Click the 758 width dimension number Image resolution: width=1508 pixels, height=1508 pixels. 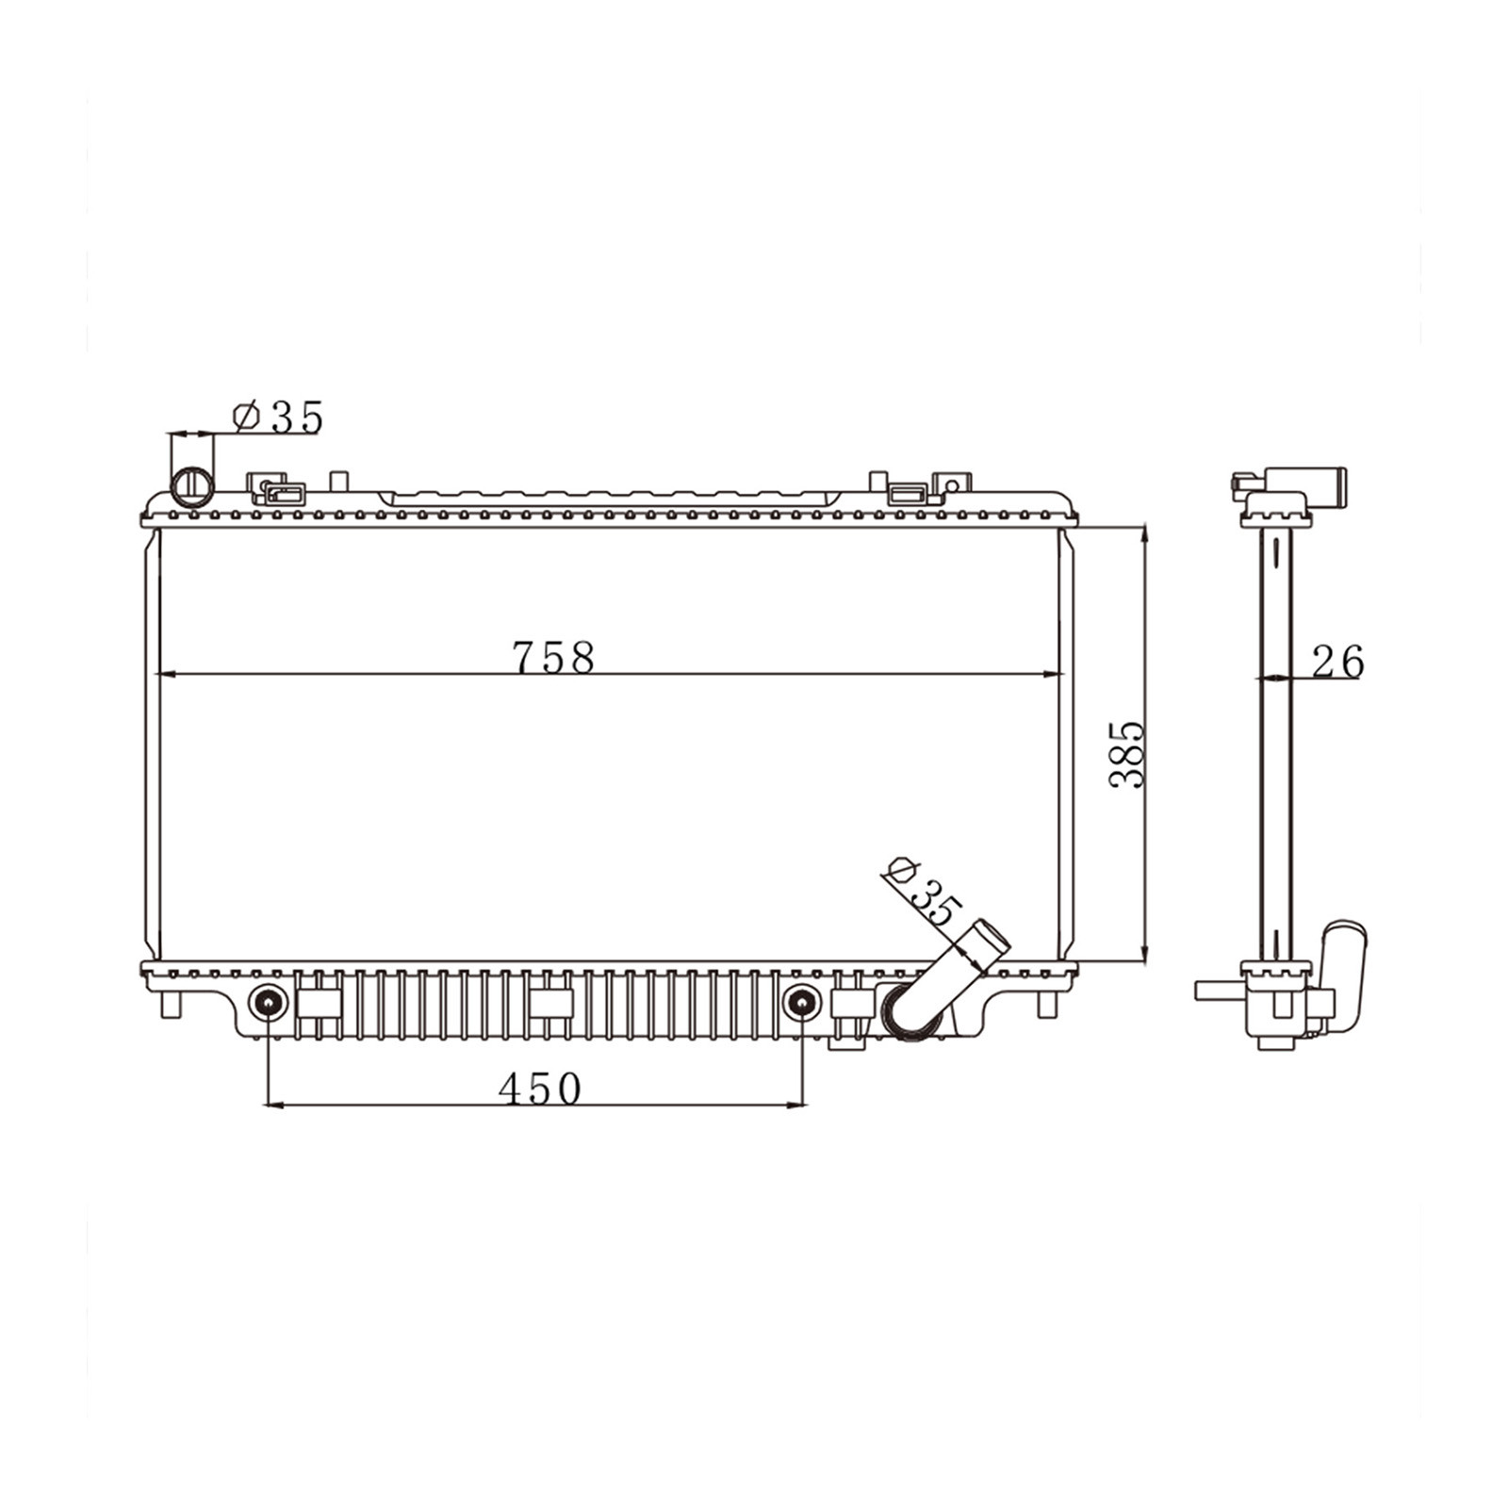click(x=553, y=657)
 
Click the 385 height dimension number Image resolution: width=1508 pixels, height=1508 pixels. click(x=1126, y=754)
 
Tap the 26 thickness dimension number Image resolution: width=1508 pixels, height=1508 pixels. click(x=1337, y=662)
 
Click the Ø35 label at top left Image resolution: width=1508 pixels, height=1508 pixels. click(x=278, y=417)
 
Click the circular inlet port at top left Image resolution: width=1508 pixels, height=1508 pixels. click(x=192, y=484)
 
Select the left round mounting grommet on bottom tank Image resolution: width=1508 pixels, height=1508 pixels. click(x=269, y=1003)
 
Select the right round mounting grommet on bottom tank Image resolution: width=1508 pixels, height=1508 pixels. click(x=802, y=1003)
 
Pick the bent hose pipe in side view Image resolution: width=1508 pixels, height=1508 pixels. click(x=1342, y=971)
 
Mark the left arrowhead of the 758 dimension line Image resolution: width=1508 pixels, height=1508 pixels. click(x=165, y=674)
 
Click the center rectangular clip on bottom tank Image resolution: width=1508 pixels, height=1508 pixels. click(x=550, y=1004)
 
